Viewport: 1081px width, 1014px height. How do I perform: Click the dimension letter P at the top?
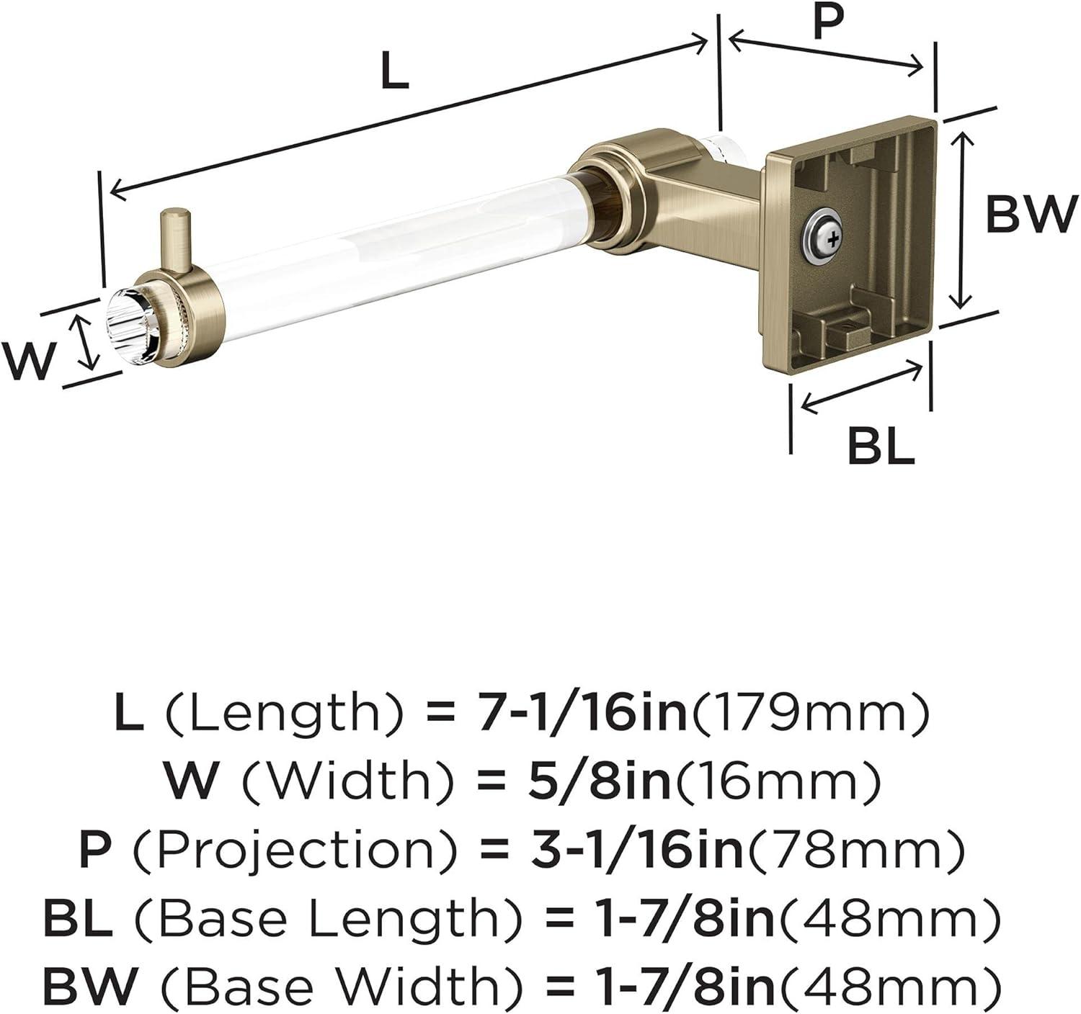(x=828, y=21)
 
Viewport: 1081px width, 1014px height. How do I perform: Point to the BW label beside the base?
(x=1031, y=214)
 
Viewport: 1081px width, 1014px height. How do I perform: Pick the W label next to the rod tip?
(x=28, y=360)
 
